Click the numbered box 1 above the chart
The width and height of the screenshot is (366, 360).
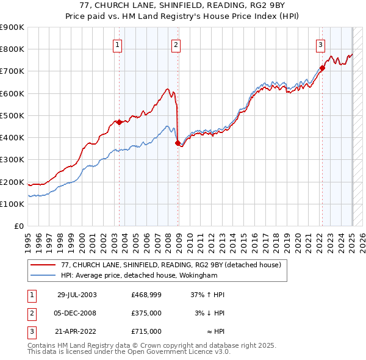[117, 44]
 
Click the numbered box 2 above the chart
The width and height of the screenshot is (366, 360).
[176, 44]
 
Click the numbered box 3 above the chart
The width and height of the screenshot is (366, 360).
[320, 44]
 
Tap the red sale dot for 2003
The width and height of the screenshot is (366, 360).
[120, 122]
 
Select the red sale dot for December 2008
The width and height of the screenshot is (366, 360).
[178, 143]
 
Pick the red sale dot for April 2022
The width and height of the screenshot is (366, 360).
[323, 68]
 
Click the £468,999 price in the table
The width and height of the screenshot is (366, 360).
[146, 295]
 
